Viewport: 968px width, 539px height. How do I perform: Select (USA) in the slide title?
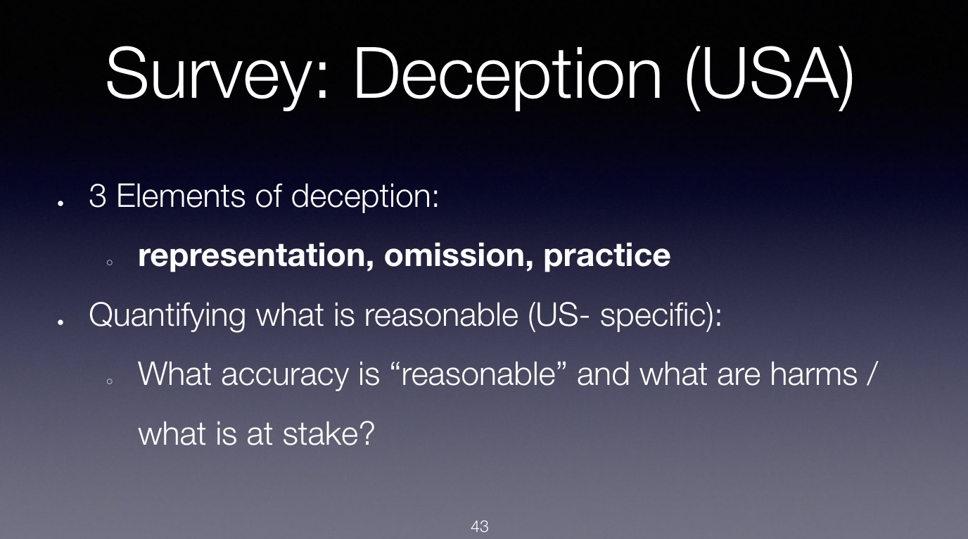tap(770, 75)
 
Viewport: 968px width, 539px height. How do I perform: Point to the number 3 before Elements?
tap(98, 196)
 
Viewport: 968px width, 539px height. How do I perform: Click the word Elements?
tap(181, 196)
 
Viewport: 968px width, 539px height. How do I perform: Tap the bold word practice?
tap(606, 256)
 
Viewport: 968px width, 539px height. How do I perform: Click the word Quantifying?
tap(167, 315)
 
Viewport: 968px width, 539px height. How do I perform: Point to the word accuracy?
tap(285, 375)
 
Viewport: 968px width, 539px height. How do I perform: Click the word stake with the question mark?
tap(329, 434)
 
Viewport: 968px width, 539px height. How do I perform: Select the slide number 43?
tap(480, 526)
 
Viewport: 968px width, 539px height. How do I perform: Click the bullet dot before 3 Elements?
tap(60, 203)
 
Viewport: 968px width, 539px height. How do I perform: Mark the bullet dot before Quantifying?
tap(60, 322)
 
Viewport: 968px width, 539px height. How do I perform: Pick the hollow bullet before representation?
tap(110, 262)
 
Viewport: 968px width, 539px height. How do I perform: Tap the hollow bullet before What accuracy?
tap(110, 381)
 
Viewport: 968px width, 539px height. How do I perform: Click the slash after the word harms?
tap(872, 374)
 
